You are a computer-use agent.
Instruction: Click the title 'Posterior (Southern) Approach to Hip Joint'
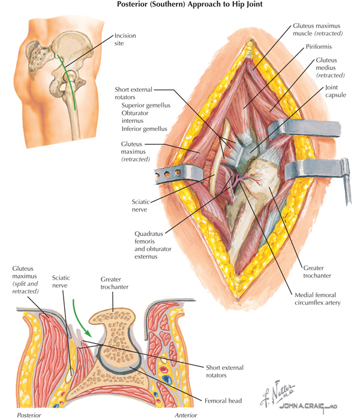point(190,4)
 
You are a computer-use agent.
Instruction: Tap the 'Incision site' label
point(125,39)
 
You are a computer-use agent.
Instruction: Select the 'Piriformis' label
point(319,47)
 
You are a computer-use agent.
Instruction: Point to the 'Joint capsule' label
point(335,91)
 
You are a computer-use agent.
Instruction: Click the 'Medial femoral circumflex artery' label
point(317,299)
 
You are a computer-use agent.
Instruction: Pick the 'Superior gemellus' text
point(146,105)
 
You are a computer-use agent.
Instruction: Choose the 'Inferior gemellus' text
point(144,129)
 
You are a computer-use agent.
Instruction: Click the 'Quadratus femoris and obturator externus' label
point(153,245)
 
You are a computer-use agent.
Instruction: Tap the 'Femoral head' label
point(223,400)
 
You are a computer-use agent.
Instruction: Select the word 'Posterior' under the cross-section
point(29,415)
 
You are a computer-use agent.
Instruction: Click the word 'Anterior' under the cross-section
point(186,415)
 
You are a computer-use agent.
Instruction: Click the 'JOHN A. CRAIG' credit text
point(308,406)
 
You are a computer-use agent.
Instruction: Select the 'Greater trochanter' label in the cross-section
point(115,283)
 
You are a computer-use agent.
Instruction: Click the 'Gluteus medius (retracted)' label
point(330,68)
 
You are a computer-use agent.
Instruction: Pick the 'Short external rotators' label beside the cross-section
point(224,371)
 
